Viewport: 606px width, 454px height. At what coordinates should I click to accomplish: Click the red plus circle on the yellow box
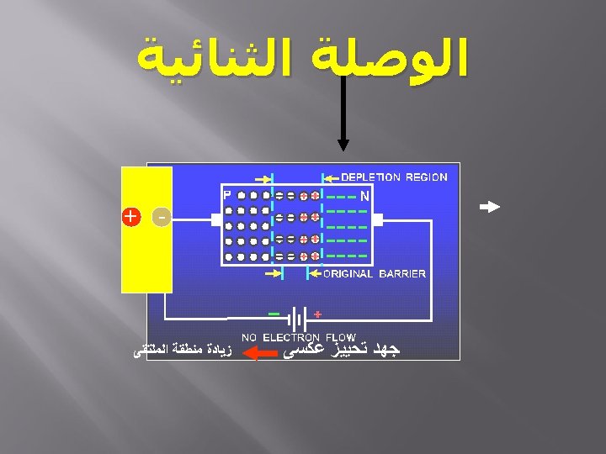130,216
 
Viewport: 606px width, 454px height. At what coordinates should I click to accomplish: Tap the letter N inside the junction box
364,195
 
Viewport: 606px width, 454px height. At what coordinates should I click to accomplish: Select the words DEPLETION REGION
394,177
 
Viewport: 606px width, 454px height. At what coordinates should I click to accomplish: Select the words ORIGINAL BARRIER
375,274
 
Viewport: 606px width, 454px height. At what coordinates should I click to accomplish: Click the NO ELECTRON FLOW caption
299,337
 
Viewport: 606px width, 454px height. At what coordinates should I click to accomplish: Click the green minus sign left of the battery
274,314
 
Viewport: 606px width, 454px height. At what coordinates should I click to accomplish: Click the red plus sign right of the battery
317,314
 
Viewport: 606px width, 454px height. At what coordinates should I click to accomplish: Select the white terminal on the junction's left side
216,220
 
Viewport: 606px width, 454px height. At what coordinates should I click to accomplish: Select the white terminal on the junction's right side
377,220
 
